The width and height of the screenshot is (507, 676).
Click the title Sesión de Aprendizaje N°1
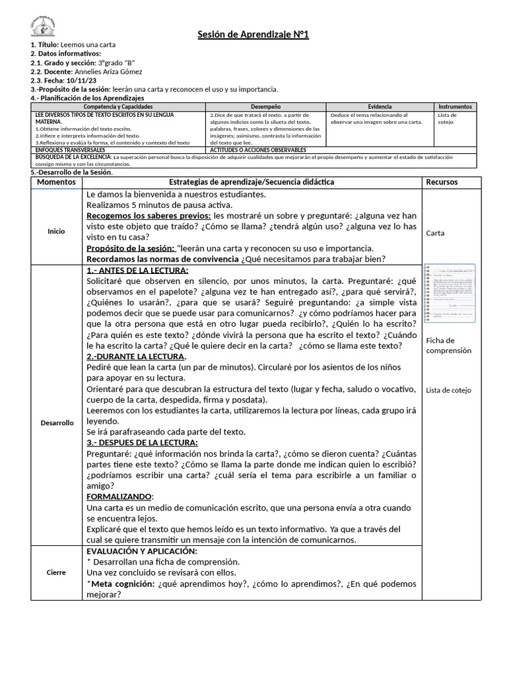[x=253, y=34]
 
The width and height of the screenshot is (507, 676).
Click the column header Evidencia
[x=380, y=106]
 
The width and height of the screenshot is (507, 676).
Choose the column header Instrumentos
[x=455, y=106]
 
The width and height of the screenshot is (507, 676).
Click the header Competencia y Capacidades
[x=119, y=106]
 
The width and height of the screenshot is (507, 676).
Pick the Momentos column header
[x=56, y=182]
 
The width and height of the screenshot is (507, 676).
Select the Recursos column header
[x=442, y=182]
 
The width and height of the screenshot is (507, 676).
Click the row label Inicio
[x=56, y=232]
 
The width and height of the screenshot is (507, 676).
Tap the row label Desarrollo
[x=56, y=422]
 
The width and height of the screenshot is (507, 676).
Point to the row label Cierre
[x=56, y=572]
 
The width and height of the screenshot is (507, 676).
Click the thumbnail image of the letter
[x=449, y=293]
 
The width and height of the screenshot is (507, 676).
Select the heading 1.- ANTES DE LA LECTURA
[x=137, y=271]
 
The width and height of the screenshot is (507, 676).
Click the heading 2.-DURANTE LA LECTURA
[x=136, y=356]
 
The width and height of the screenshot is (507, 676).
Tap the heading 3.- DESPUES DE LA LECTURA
[x=142, y=442]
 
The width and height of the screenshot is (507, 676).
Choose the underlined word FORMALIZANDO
[x=119, y=496]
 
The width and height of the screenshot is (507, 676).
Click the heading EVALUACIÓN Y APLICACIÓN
[x=142, y=551]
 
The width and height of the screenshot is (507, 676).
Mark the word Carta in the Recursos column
[x=436, y=233]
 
